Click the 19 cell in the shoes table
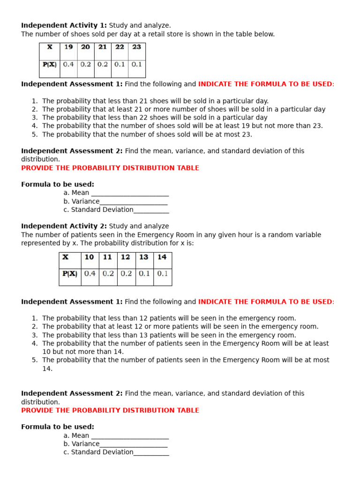pos(68,47)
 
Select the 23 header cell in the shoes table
pos(136,47)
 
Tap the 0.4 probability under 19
pos(68,65)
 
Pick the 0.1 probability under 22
pos(120,65)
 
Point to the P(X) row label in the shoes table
pos(49,65)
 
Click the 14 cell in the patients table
pos(162,257)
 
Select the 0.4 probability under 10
pos(90,274)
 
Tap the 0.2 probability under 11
pos(108,274)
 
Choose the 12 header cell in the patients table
pos(126,257)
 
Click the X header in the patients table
pos(66,257)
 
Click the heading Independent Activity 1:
pos(64,25)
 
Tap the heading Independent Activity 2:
pos(64,226)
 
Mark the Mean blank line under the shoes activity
pos(130,193)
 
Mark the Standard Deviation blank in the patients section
pos(151,452)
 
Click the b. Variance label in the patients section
pos(81,444)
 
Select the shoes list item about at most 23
pos(147,135)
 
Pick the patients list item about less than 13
pos(169,335)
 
